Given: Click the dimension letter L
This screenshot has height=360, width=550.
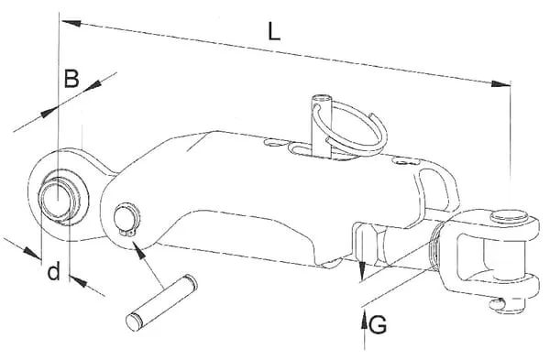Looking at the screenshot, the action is pyautogui.click(x=274, y=32).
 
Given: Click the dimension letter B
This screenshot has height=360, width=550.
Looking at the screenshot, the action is pyautogui.click(x=71, y=79).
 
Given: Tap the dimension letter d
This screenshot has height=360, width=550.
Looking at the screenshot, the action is pyautogui.click(x=54, y=271).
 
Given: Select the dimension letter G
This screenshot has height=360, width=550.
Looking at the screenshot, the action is pyautogui.click(x=378, y=324).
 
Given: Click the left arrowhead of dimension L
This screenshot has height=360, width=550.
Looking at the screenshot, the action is pyautogui.click(x=71, y=23).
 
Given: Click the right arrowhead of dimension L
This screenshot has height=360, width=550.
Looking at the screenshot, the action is pyautogui.click(x=500, y=83).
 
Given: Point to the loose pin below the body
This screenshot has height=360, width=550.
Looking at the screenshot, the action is pyautogui.click(x=161, y=302).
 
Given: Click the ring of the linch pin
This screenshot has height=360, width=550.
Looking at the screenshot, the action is pyautogui.click(x=352, y=128).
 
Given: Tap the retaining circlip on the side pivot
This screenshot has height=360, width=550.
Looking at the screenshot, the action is pyautogui.click(x=127, y=219).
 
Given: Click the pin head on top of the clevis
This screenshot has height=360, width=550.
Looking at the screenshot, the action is pyautogui.click(x=510, y=216).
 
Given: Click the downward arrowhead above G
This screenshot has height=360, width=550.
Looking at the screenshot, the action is pyautogui.click(x=362, y=271).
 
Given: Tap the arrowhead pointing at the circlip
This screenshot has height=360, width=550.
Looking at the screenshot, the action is pyautogui.click(x=139, y=251).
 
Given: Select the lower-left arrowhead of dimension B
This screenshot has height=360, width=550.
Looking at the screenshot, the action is pyautogui.click(x=49, y=112).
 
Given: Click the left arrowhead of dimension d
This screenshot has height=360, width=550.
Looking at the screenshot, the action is pyautogui.click(x=31, y=253).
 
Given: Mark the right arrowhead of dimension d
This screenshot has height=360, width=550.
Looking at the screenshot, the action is pyautogui.click(x=78, y=281).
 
